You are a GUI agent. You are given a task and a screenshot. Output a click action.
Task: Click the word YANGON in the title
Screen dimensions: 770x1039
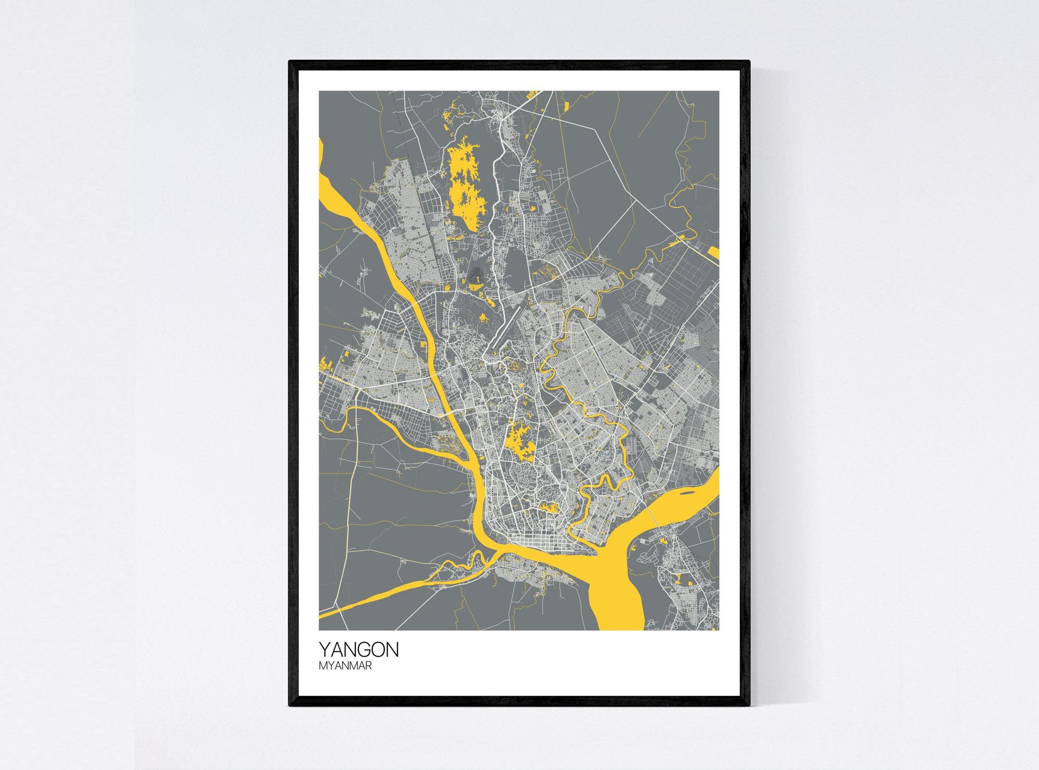tap(358, 649)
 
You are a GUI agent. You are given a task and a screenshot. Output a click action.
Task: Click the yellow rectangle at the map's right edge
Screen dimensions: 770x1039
tap(714, 254)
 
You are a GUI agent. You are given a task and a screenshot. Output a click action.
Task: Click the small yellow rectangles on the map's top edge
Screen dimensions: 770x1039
tap(531, 95)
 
